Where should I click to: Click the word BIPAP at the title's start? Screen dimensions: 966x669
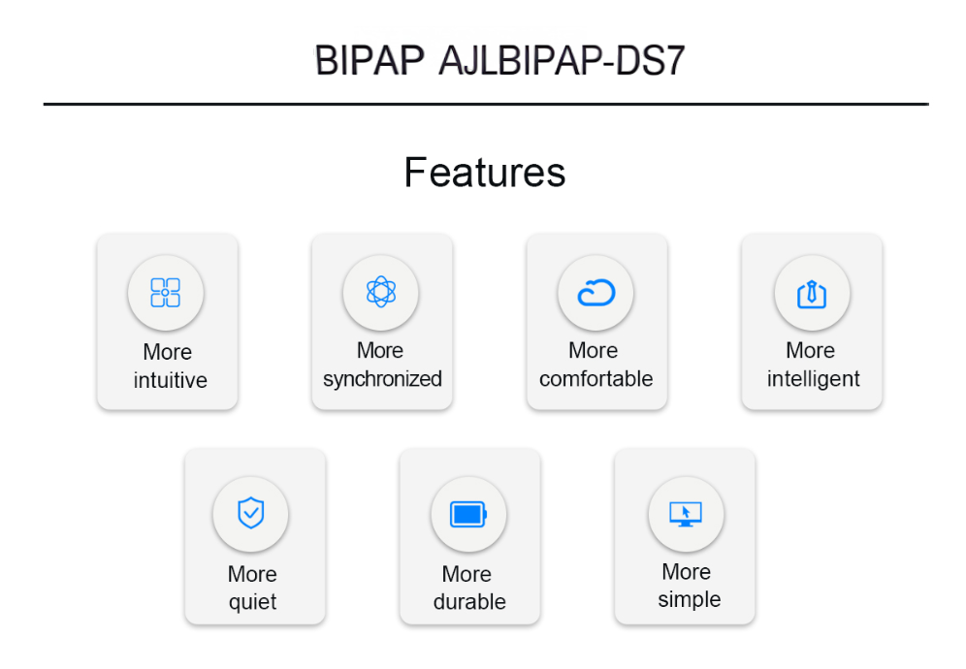[x=370, y=60]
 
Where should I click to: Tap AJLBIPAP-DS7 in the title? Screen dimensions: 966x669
[x=562, y=60]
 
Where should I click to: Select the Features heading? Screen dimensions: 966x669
[x=485, y=172]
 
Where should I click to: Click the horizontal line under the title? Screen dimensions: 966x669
[x=486, y=104]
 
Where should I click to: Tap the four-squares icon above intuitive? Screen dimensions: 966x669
[x=166, y=292]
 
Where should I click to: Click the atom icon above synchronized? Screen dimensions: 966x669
[x=381, y=292]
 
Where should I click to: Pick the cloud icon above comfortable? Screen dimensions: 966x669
[x=596, y=293]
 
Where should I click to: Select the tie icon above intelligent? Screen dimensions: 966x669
[x=812, y=294]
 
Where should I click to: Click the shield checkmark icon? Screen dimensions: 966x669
[x=251, y=513]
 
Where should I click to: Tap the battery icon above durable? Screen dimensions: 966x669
[x=468, y=515]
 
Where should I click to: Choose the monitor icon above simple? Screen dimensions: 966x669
[x=686, y=514]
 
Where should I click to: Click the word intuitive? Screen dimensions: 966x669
[x=170, y=380]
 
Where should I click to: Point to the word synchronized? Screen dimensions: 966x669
[x=382, y=379]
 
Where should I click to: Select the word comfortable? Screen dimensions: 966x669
[x=596, y=378]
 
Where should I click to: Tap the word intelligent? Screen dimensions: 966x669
[x=813, y=379]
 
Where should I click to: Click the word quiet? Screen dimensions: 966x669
[x=252, y=602]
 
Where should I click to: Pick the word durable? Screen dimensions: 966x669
[x=469, y=601]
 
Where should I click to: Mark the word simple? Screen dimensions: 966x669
[x=689, y=599]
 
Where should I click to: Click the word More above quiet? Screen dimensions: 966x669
[x=252, y=574]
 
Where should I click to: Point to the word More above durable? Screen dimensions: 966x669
[x=467, y=574]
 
